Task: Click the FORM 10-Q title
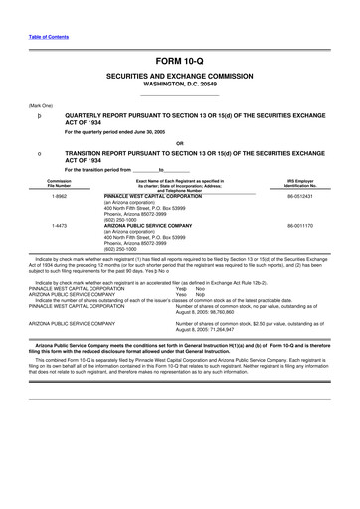[x=179, y=62]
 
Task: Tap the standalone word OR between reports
[x=179, y=143]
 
